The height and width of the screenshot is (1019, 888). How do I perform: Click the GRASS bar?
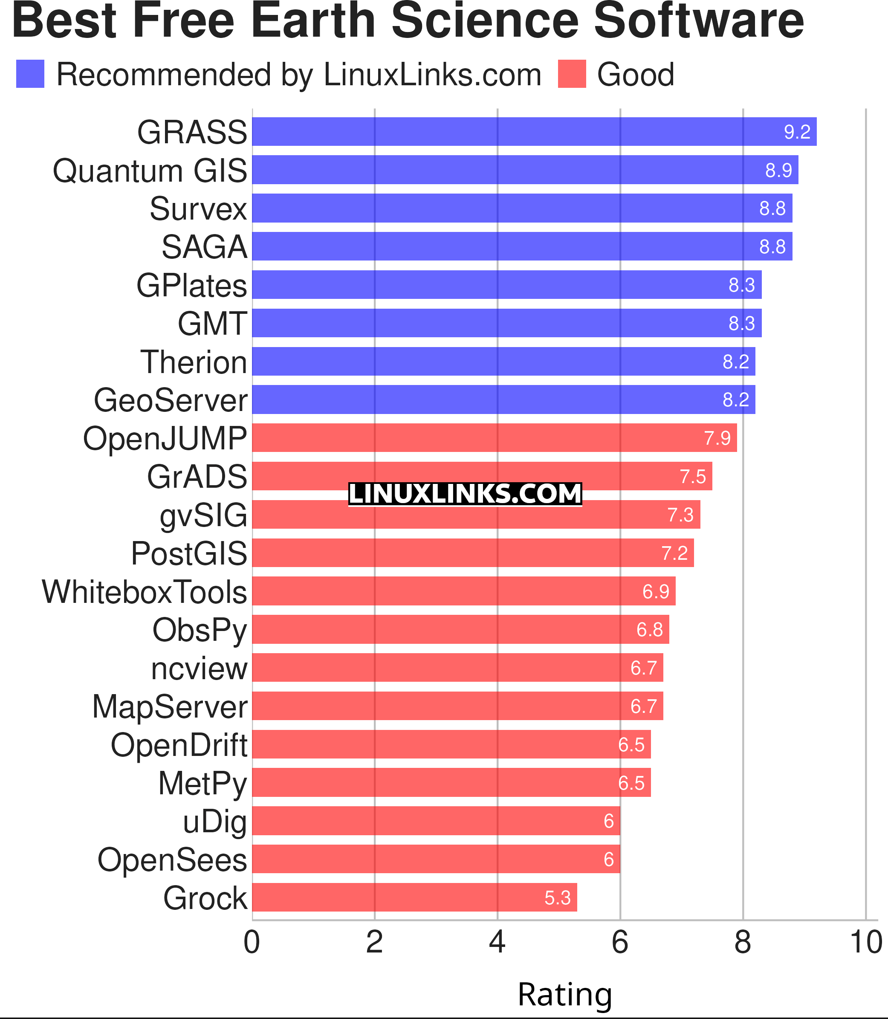[x=534, y=132]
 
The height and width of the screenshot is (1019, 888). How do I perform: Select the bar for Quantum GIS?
[x=525, y=170]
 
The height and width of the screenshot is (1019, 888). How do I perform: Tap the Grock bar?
[x=414, y=897]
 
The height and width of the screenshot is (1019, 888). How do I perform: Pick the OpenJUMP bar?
[x=495, y=437]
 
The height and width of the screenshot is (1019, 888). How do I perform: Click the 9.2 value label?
[x=797, y=132]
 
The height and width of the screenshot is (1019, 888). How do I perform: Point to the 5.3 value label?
[x=558, y=897]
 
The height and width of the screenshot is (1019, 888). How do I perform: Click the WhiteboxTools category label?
[x=144, y=592]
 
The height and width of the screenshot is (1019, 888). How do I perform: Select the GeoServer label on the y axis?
[x=171, y=400]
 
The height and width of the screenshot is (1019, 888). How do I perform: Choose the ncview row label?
[x=199, y=668]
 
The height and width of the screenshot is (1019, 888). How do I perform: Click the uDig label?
[x=214, y=821]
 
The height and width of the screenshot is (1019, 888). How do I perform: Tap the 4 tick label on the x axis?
[x=497, y=942]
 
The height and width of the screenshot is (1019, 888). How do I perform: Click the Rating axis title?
[x=565, y=994]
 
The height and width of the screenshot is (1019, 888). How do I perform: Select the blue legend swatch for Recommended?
[x=30, y=74]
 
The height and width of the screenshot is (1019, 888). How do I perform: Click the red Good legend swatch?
[x=572, y=74]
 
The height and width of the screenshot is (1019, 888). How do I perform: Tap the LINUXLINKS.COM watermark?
[x=465, y=494]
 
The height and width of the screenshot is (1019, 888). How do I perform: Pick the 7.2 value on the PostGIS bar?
[x=674, y=553]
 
